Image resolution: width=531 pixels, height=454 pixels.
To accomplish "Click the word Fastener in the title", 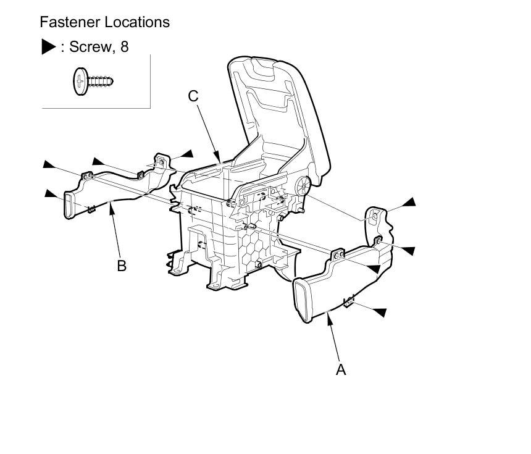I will click(x=66, y=22).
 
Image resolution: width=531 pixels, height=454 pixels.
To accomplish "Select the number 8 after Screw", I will click(x=125, y=47).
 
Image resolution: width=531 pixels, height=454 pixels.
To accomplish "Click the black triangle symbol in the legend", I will click(x=48, y=47).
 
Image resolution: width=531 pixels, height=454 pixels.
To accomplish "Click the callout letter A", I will click(x=340, y=369).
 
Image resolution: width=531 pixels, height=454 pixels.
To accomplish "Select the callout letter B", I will click(x=122, y=266).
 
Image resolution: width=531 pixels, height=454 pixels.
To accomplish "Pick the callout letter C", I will click(x=193, y=96).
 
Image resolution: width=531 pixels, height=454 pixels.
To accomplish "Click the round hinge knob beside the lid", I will click(x=303, y=185).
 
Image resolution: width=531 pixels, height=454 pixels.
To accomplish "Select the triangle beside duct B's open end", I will click(x=51, y=194).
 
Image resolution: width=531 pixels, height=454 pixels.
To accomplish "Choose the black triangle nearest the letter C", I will click(x=186, y=153).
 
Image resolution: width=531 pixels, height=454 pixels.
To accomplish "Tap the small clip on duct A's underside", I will click(x=349, y=301).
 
